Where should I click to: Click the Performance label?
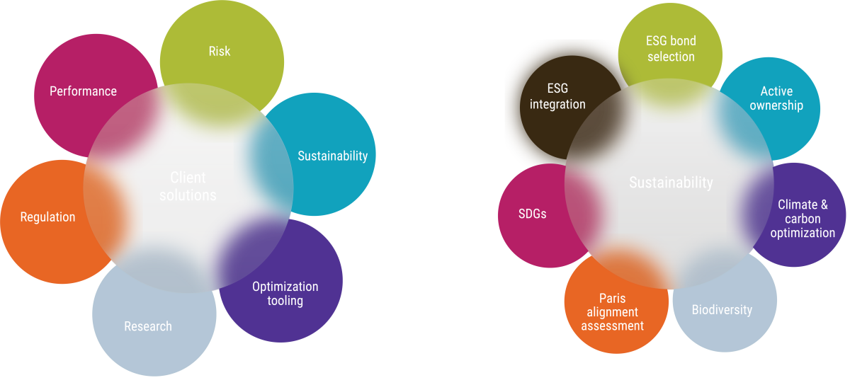click(83, 91)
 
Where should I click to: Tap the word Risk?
click(219, 51)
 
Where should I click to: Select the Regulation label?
click(47, 217)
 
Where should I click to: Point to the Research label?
click(148, 326)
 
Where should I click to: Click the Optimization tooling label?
click(285, 294)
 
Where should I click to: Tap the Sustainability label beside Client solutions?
click(332, 156)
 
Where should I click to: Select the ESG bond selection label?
click(671, 49)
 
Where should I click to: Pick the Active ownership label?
click(776, 98)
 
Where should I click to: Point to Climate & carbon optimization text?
click(803, 219)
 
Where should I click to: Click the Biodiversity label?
click(722, 310)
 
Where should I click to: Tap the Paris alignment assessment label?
click(612, 312)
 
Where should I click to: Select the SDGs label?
click(532, 214)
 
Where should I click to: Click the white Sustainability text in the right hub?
click(671, 183)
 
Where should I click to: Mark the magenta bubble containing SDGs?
click(528, 234)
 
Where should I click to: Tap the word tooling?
click(285, 301)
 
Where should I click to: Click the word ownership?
click(776, 105)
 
